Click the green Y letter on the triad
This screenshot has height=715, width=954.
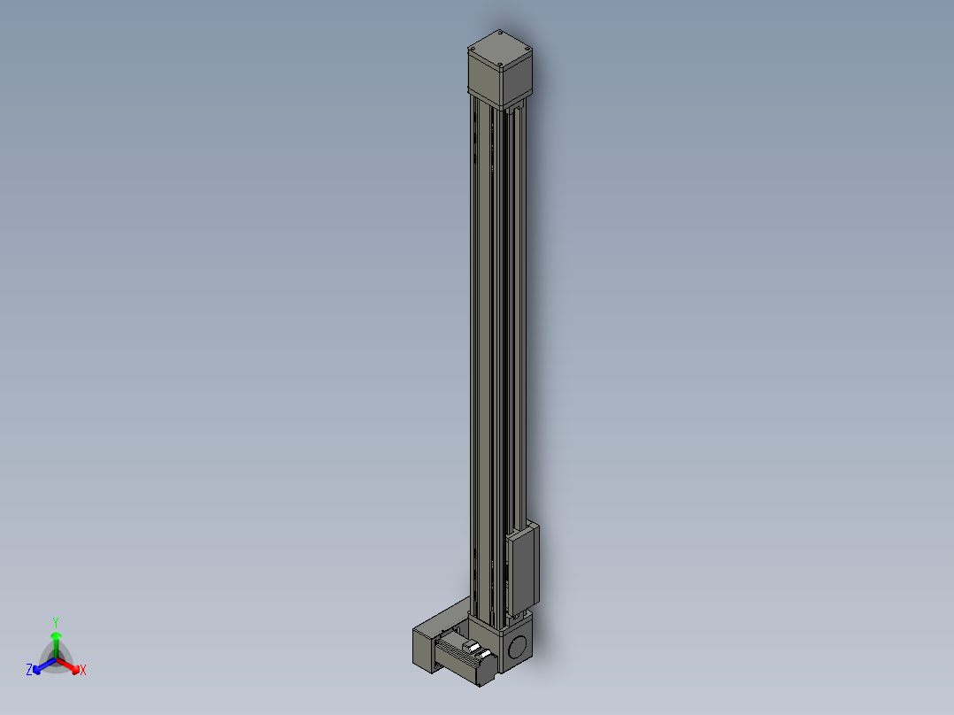pos(56,622)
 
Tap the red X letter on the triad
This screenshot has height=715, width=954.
pos(83,671)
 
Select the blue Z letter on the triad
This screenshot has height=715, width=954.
pos(29,671)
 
